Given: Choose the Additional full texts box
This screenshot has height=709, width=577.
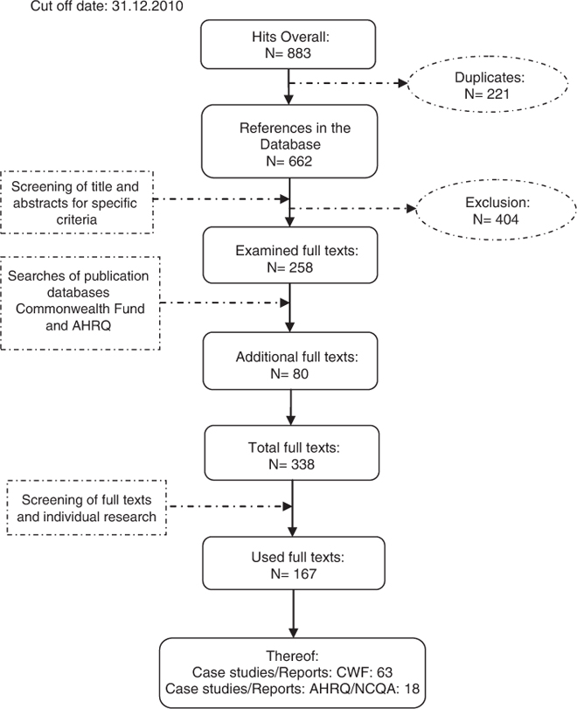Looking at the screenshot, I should (x=289, y=365).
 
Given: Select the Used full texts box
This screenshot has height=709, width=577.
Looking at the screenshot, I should (x=289, y=562).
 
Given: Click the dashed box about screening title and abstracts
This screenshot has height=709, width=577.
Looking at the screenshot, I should (x=77, y=201).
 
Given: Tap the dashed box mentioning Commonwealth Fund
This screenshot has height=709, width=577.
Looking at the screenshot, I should (x=80, y=302).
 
